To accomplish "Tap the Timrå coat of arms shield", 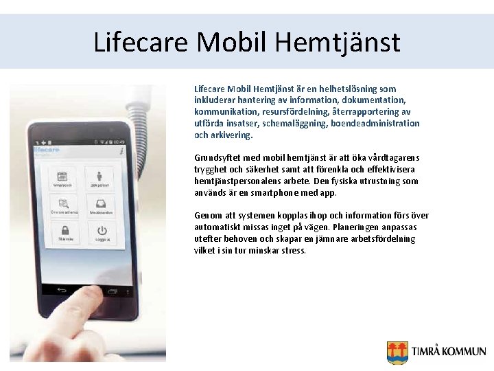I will tap(397, 352).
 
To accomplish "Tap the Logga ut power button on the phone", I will tap(102, 232).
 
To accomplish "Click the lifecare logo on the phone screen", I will tap(46, 148).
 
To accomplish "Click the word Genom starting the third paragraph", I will tap(208, 215).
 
